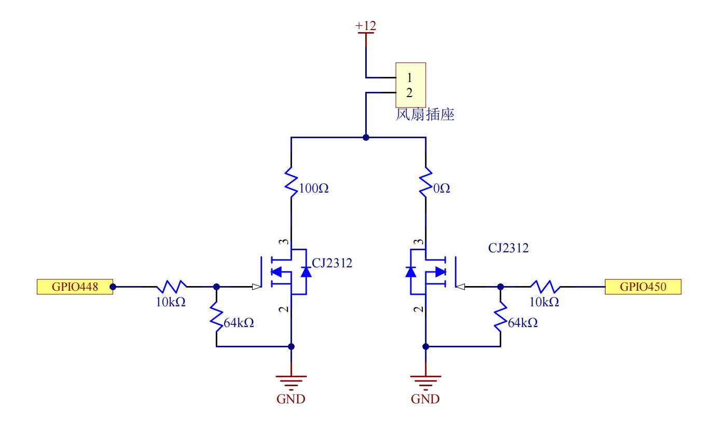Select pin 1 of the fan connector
click(x=409, y=78)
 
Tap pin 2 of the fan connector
click(x=409, y=93)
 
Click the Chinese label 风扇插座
click(x=425, y=115)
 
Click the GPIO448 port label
click(x=75, y=287)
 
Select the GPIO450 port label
click(x=643, y=287)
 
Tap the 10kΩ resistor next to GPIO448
click(x=172, y=287)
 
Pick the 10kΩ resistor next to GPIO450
click(x=545, y=287)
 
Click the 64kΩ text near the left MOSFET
click(x=239, y=323)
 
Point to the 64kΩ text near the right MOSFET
click(x=522, y=323)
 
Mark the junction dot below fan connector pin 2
click(x=366, y=138)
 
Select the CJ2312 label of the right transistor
click(x=508, y=248)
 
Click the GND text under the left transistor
click(x=291, y=399)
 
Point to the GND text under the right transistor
click(x=425, y=399)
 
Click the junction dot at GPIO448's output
click(x=114, y=287)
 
